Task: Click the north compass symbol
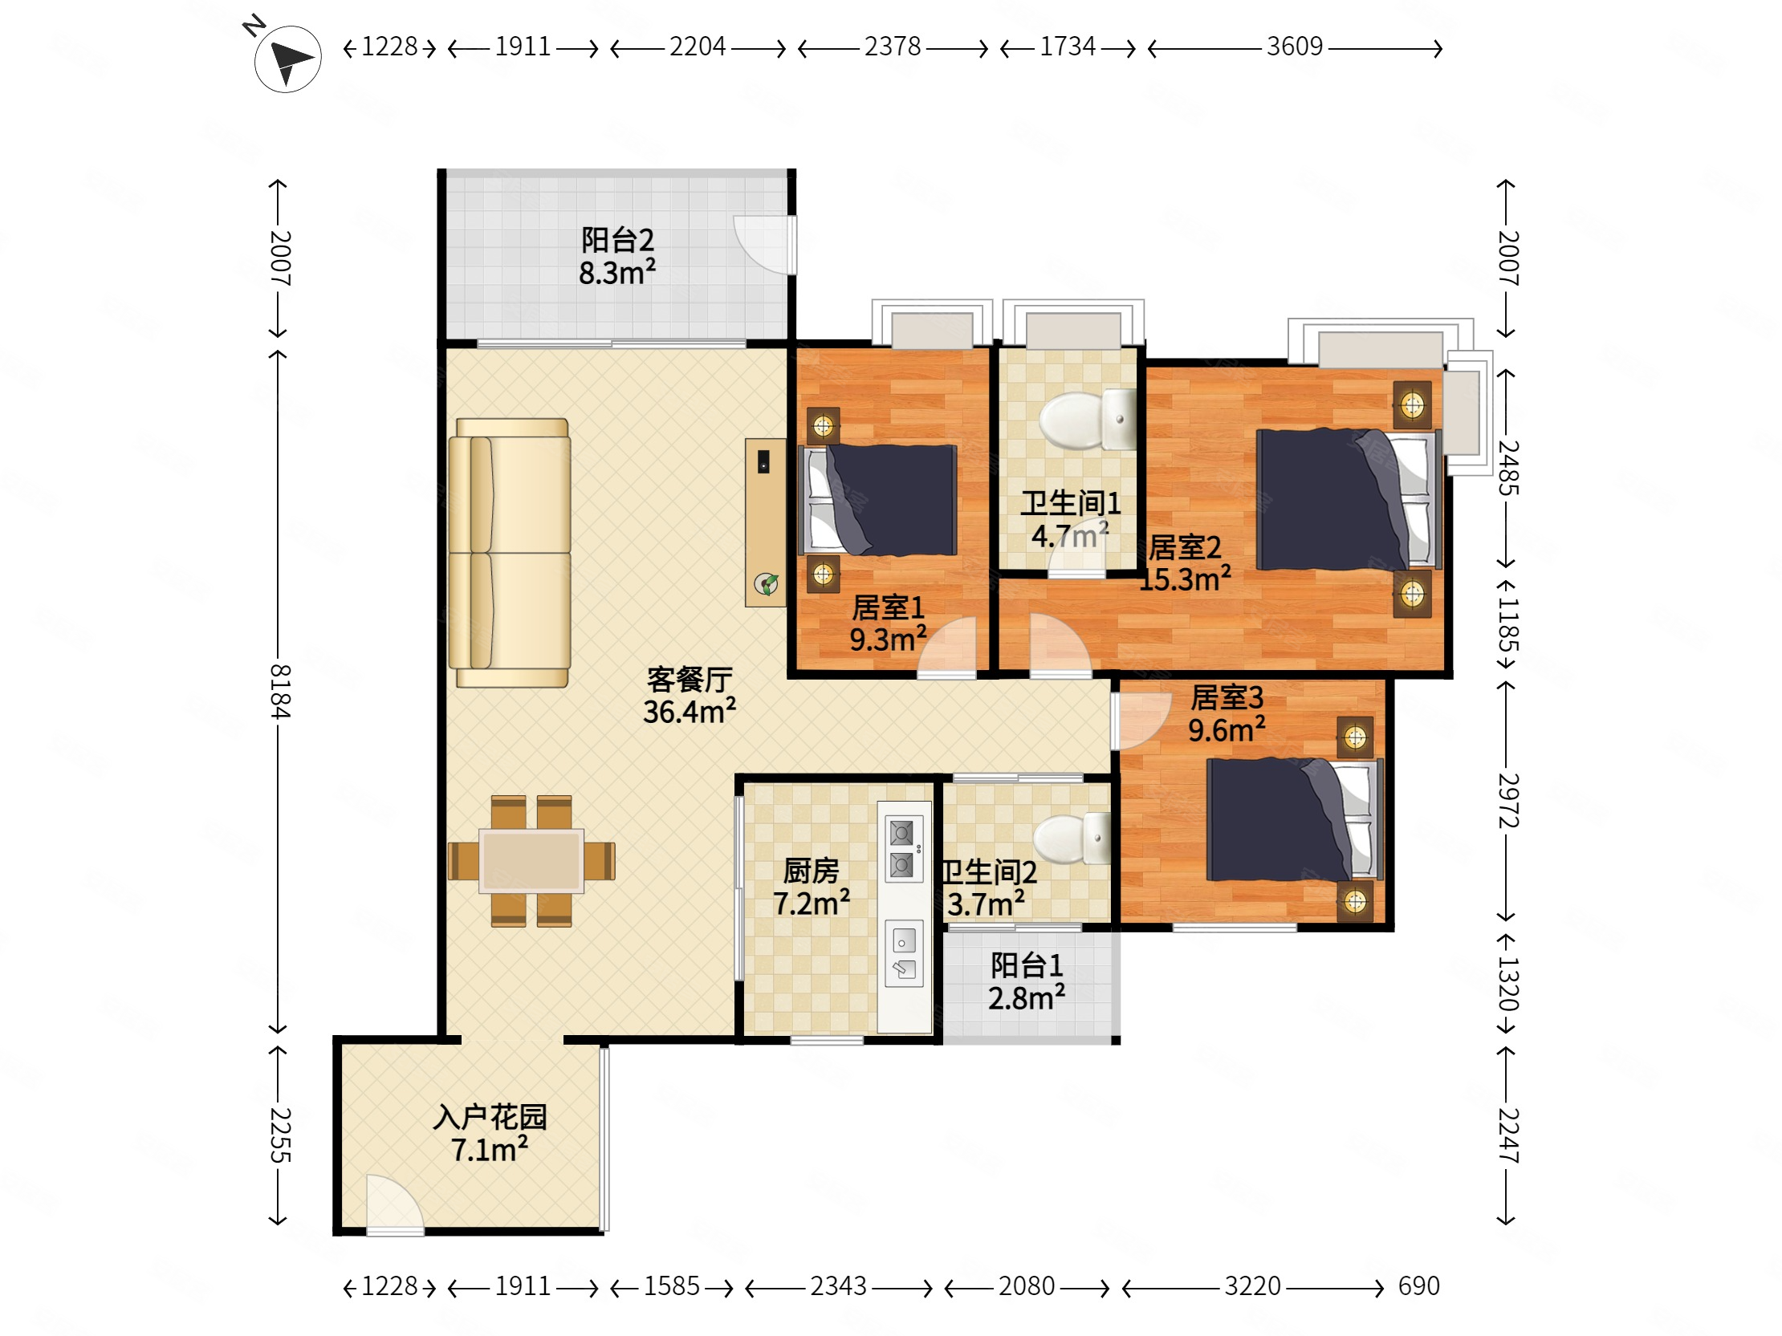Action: point(287,59)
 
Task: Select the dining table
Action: point(531,861)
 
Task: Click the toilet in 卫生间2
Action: point(1072,838)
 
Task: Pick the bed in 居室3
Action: point(1292,820)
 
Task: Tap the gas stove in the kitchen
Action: point(901,849)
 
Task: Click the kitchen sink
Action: point(903,953)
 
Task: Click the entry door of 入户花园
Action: point(393,1205)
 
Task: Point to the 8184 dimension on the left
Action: point(279,692)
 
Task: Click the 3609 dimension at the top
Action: point(1294,47)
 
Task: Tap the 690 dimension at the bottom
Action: point(1418,1286)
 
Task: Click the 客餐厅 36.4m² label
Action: point(690,696)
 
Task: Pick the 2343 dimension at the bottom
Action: point(838,1286)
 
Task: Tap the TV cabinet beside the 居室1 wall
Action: point(764,522)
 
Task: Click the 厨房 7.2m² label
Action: point(811,887)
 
